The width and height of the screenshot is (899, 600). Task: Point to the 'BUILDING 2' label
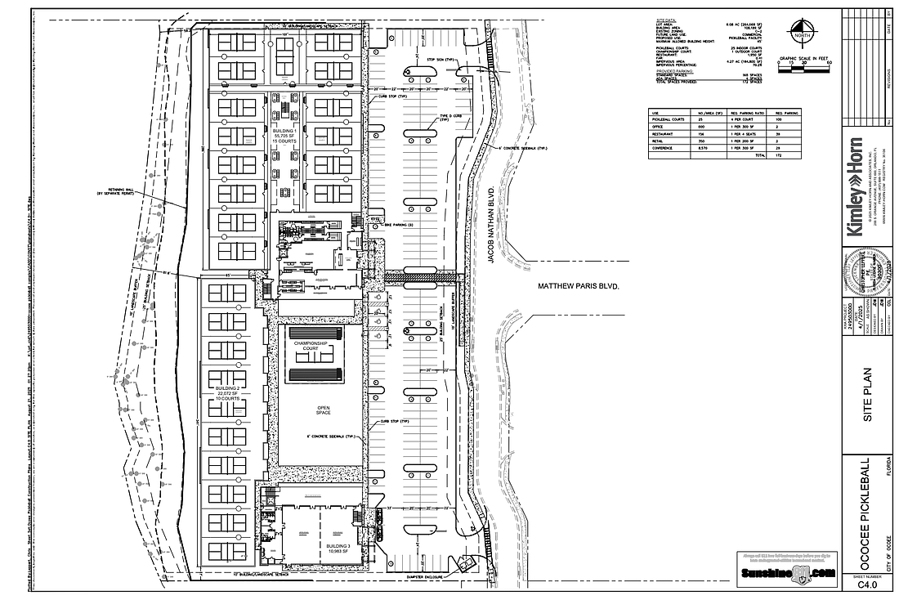[227, 388]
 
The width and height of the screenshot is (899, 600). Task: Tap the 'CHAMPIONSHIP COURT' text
[311, 345]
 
